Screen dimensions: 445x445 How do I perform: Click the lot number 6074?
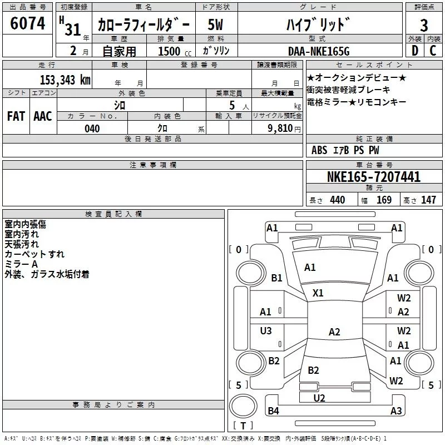coord(28,24)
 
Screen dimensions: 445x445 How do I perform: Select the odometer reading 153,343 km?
coord(65,80)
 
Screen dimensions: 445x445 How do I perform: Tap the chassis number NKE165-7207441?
coord(373,177)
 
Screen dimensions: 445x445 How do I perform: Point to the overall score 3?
coord(424,25)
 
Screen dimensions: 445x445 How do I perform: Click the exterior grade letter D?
coord(414,51)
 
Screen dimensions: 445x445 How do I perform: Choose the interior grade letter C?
coord(433,51)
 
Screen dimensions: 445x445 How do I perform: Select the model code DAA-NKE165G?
coord(319,51)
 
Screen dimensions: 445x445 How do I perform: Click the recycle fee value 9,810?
coord(280,128)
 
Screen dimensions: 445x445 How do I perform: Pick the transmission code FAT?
coord(16,116)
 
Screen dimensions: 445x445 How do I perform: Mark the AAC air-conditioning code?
coord(42,116)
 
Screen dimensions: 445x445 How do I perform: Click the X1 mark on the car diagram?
coord(318,293)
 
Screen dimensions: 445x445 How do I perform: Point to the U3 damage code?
coord(266,331)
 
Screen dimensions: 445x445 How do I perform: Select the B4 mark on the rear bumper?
coord(273,411)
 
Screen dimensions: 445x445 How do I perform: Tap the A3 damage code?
coord(396,411)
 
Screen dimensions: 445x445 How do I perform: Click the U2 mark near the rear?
coord(319,398)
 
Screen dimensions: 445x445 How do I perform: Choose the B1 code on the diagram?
coord(276,278)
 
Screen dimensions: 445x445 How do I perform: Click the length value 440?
coord(337,200)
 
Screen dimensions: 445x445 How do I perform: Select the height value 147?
coord(428,200)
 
